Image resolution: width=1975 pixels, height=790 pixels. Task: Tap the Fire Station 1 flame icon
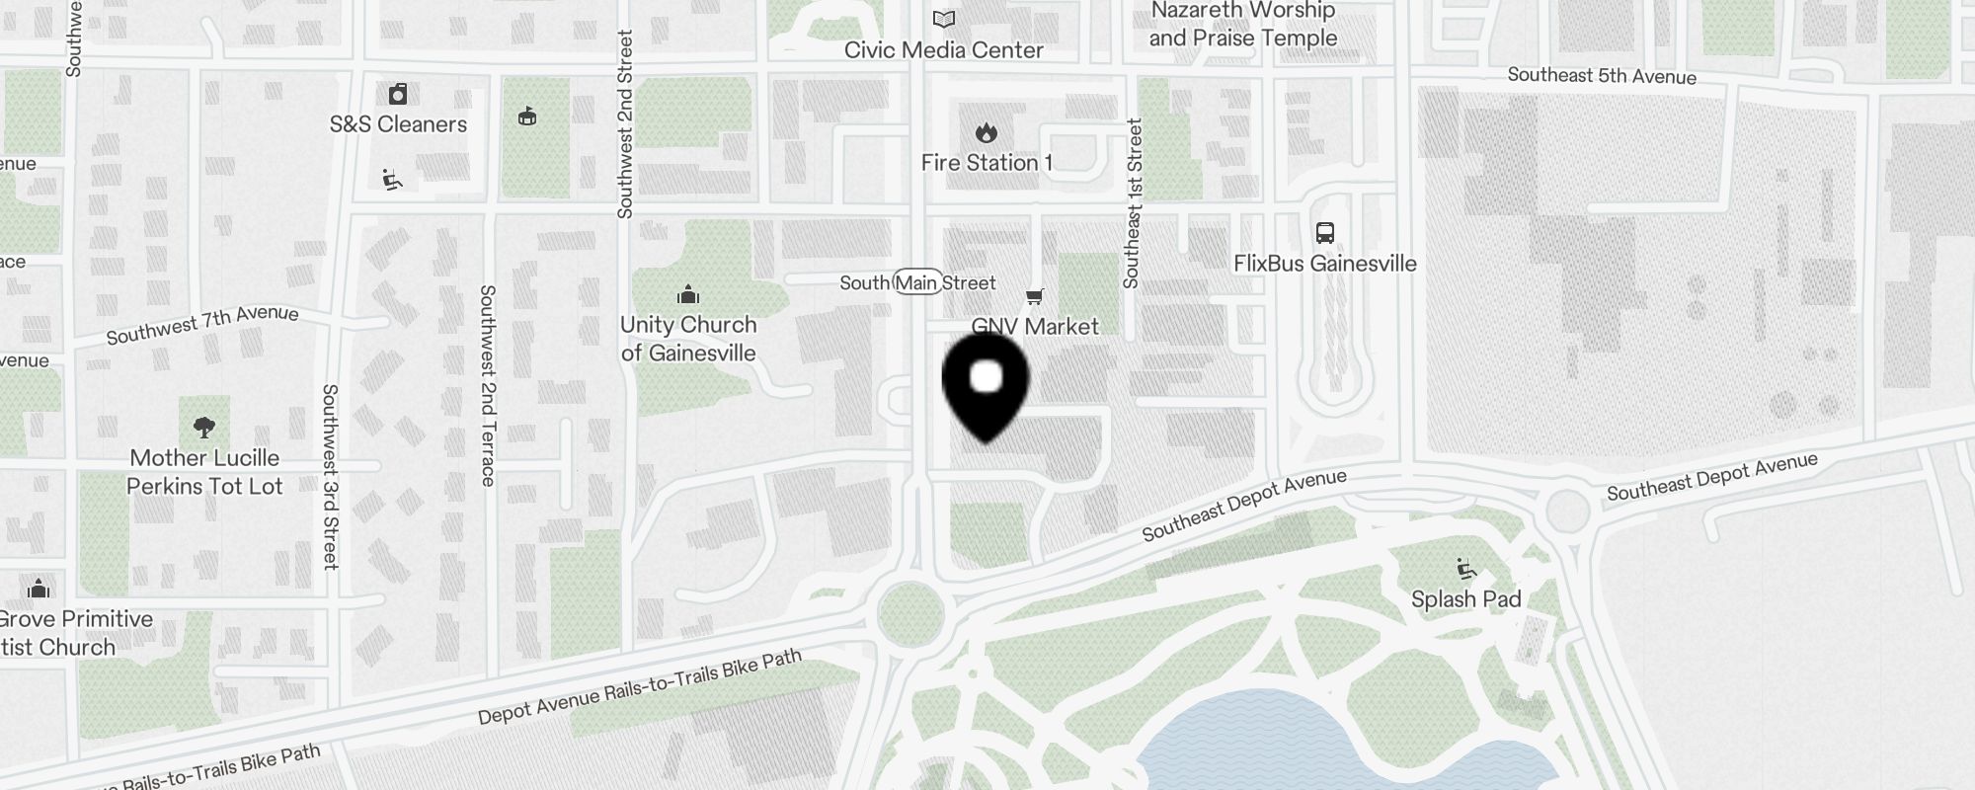coord(986,132)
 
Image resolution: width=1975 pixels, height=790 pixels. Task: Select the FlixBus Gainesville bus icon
coord(1325,233)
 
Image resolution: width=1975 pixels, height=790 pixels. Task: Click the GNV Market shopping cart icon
coord(1035,296)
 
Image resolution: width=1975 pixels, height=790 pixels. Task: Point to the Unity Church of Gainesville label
coord(688,339)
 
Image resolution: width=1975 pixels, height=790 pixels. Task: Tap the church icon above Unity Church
coord(688,294)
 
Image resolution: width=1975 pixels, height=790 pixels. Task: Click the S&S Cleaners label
coord(398,124)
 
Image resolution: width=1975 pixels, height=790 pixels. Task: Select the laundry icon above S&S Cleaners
coord(398,94)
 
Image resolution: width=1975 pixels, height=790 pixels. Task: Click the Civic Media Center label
coord(943,50)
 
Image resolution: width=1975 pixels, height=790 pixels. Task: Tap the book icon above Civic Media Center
coord(944,19)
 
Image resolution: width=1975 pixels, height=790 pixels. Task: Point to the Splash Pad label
coord(1465,599)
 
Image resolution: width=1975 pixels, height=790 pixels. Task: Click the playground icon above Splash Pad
coord(1465,569)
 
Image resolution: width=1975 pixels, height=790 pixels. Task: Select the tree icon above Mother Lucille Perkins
coord(204,428)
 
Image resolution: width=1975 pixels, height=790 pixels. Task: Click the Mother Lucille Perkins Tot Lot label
coord(204,472)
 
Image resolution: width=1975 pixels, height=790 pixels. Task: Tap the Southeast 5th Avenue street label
coord(1602,76)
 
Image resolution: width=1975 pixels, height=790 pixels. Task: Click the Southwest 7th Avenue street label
coord(202,325)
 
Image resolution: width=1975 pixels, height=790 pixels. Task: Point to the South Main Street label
coord(917,283)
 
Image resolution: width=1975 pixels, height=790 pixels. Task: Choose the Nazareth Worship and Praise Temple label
coord(1242,25)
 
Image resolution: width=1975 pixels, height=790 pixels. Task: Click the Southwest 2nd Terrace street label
coord(487,385)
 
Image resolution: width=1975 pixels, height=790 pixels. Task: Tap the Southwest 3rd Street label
coord(330,476)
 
